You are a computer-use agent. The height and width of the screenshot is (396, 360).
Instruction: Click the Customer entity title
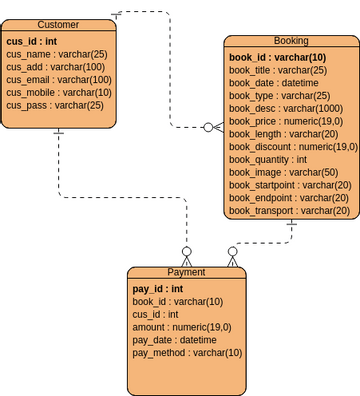coord(58,24)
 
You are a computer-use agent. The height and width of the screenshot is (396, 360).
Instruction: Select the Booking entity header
coord(290,41)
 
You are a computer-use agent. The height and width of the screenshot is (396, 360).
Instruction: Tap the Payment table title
coord(185,272)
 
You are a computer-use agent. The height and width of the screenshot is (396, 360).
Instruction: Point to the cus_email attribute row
coord(59,79)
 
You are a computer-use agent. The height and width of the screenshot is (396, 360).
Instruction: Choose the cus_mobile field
coord(59,92)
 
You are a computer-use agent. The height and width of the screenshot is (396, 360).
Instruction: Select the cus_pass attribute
coord(54,105)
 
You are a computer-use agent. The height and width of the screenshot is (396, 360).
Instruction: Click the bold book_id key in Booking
coord(277,58)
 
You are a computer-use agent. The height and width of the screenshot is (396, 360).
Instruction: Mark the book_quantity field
coord(267,159)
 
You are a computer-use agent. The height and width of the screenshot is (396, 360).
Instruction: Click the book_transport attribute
coord(289,210)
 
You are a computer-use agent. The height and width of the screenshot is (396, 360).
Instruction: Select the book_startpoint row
coord(289,185)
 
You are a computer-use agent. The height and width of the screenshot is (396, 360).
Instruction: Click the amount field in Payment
coord(181,327)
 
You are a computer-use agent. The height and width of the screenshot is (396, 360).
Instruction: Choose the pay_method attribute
coord(187,352)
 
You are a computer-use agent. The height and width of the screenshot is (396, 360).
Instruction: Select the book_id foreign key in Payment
coord(177,301)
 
